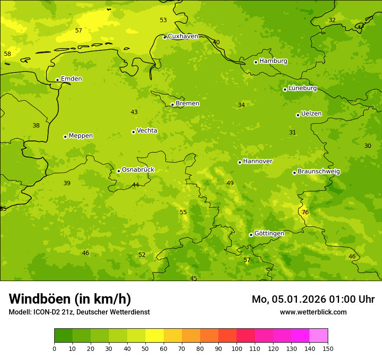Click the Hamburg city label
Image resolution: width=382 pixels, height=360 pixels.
(x=273, y=61)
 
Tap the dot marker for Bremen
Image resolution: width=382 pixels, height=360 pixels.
(x=172, y=105)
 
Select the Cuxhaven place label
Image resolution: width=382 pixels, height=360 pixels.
(x=183, y=36)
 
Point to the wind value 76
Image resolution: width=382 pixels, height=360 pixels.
(x=305, y=212)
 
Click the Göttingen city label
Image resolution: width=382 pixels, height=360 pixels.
(x=269, y=233)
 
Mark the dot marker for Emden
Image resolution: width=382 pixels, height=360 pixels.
(x=57, y=80)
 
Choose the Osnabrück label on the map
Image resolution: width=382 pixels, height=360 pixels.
(x=138, y=170)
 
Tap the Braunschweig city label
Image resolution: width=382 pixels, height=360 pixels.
(x=319, y=171)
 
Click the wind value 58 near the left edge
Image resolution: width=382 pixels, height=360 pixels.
(x=7, y=54)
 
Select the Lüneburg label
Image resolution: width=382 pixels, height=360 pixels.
(x=303, y=88)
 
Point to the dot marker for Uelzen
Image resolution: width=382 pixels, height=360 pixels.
(x=298, y=115)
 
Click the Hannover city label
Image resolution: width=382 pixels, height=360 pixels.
(x=257, y=161)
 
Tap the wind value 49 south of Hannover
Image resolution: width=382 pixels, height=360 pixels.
(x=230, y=183)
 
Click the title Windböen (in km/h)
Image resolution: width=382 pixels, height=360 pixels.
(x=70, y=299)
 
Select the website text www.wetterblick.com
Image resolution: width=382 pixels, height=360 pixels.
(x=313, y=312)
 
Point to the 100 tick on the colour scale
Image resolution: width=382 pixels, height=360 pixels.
(x=237, y=348)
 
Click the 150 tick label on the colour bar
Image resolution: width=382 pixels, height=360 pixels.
(x=328, y=348)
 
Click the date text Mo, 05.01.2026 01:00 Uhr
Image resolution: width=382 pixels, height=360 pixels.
(x=313, y=299)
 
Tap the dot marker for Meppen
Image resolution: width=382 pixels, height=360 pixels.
(x=65, y=137)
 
